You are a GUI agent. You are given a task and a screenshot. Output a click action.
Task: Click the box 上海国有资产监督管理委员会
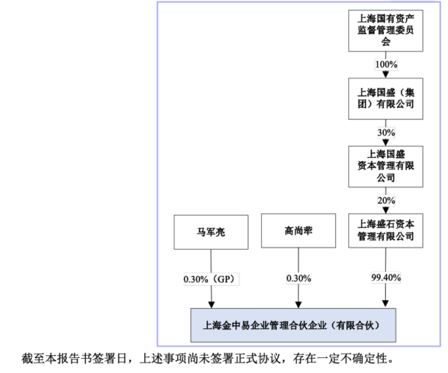(386, 31)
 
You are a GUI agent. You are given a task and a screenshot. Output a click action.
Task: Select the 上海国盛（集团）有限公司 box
(386, 99)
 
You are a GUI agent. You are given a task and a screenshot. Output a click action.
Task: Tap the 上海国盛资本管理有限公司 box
(386, 167)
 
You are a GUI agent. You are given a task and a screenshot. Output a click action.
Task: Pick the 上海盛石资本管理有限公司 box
(386, 231)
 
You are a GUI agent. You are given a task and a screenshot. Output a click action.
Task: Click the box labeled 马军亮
(211, 232)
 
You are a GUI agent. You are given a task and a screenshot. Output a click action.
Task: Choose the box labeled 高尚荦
(298, 231)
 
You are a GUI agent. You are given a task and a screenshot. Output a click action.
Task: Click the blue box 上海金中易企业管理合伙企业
(293, 325)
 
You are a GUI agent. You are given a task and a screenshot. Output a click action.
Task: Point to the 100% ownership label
(386, 64)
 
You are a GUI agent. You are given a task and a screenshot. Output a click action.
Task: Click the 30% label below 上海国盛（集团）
(386, 133)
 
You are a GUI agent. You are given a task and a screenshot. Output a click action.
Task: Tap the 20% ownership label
(386, 201)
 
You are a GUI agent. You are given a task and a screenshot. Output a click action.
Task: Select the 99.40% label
(386, 278)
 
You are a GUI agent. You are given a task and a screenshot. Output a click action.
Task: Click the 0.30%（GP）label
(211, 279)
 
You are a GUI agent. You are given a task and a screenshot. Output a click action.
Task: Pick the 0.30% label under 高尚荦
(298, 278)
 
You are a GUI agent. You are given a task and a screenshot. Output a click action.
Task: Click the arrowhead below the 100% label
(386, 75)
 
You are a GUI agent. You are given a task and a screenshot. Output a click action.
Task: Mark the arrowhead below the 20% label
(386, 210)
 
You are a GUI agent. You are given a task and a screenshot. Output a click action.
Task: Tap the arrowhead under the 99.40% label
(386, 303)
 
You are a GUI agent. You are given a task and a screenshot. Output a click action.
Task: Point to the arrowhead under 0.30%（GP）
(212, 305)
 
